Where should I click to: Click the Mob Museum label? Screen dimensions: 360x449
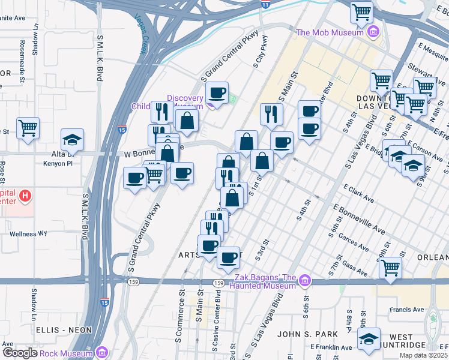331,33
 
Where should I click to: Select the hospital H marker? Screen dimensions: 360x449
25,196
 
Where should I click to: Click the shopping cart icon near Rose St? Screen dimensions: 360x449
28,128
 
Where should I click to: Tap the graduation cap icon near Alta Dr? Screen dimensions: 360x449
73,140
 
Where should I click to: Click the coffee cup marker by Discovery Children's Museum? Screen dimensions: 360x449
217,93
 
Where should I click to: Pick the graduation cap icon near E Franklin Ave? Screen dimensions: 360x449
369,339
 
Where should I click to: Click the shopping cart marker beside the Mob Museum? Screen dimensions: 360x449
361,11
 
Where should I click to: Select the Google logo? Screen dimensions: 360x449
20,353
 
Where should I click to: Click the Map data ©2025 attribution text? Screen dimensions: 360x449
423,355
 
